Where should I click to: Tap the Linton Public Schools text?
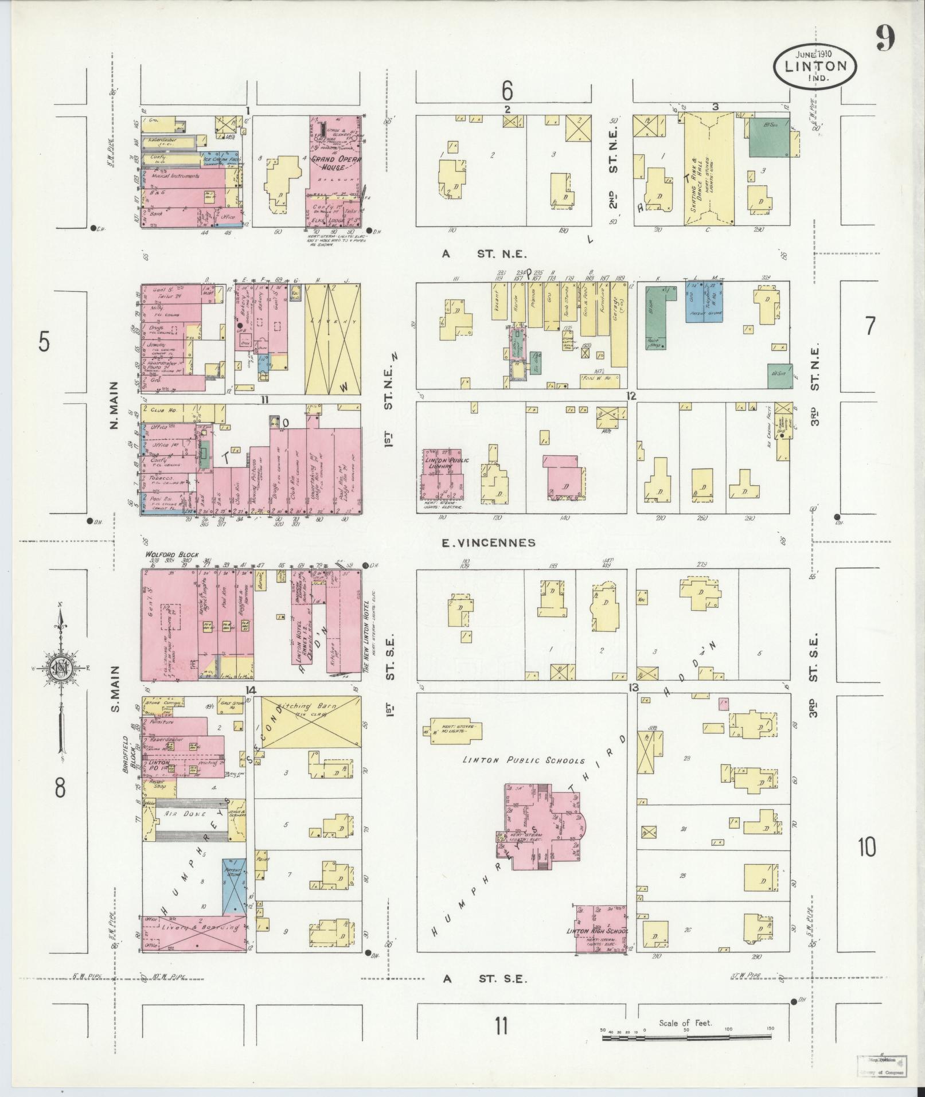524,760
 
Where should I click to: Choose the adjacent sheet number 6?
506,90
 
